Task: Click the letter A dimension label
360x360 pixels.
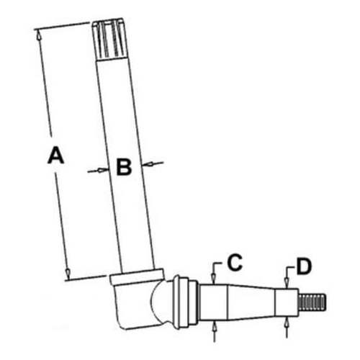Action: [55, 155]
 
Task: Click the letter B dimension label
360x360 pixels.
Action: [123, 168]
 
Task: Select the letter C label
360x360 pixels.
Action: [234, 264]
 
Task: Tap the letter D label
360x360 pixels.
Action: [305, 266]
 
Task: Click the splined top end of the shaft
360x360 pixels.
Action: [111, 40]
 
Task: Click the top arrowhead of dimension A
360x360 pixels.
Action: [36, 31]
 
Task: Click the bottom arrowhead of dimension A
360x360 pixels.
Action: [67, 274]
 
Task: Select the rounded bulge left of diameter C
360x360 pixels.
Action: [176, 299]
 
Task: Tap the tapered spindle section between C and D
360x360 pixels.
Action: [252, 299]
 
